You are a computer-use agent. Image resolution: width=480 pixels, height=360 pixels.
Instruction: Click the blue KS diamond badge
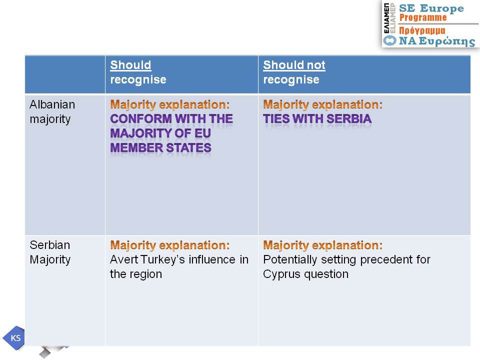coord(14,338)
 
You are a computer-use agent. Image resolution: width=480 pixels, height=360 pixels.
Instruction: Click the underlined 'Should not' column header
coord(294,65)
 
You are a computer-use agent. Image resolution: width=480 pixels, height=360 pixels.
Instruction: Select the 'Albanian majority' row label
coord(52,111)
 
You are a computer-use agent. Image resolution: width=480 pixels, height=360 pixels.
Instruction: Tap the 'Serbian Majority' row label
coord(50,252)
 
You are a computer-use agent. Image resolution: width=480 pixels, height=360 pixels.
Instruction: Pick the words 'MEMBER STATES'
coord(160,148)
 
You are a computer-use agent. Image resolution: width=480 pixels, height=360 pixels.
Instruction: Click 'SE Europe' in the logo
coord(431,8)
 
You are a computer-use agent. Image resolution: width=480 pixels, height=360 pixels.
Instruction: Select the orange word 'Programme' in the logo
coord(423,17)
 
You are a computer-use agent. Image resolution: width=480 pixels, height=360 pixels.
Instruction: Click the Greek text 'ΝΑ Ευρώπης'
coord(437,41)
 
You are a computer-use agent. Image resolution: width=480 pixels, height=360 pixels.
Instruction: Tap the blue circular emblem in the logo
coord(390,40)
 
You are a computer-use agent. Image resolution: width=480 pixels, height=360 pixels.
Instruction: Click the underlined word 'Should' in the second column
coord(130,65)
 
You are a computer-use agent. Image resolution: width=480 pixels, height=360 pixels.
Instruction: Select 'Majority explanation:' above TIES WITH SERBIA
coord(323,104)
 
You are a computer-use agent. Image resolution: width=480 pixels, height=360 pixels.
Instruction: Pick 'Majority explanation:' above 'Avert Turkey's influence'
coord(170,245)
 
